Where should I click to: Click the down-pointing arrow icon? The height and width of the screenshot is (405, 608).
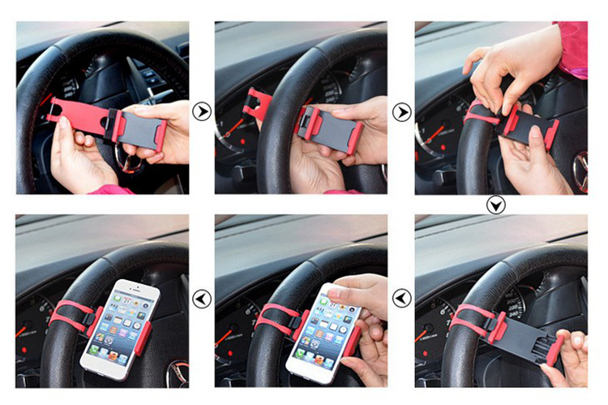(495, 205)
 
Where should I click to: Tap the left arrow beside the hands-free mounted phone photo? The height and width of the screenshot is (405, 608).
(202, 299)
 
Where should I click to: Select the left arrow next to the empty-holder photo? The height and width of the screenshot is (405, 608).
(402, 299)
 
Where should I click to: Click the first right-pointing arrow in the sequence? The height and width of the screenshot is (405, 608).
(202, 111)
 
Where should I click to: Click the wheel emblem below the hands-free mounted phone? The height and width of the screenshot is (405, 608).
(178, 374)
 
